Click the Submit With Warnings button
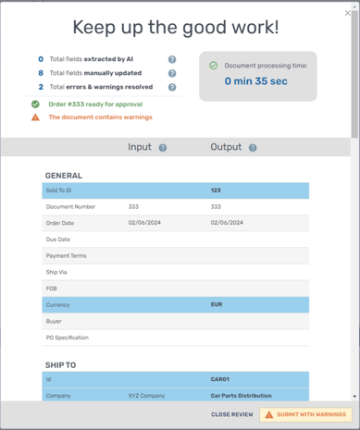(305, 414)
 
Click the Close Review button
(231, 414)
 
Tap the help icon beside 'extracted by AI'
(172, 59)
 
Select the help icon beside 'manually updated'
(172, 73)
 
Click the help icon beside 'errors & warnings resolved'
(172, 87)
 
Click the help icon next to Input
(163, 148)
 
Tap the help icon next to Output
(253, 148)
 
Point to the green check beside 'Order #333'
(35, 104)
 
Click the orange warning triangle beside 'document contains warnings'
(35, 117)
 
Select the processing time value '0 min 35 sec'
(256, 81)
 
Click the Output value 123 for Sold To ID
(216, 190)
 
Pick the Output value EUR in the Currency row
(217, 304)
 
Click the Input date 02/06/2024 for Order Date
(145, 223)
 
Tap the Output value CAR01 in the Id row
(219, 379)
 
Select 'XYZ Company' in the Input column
(146, 396)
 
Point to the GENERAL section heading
(63, 175)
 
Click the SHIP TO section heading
(60, 364)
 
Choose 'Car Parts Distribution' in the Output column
(241, 396)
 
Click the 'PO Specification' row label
(68, 338)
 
